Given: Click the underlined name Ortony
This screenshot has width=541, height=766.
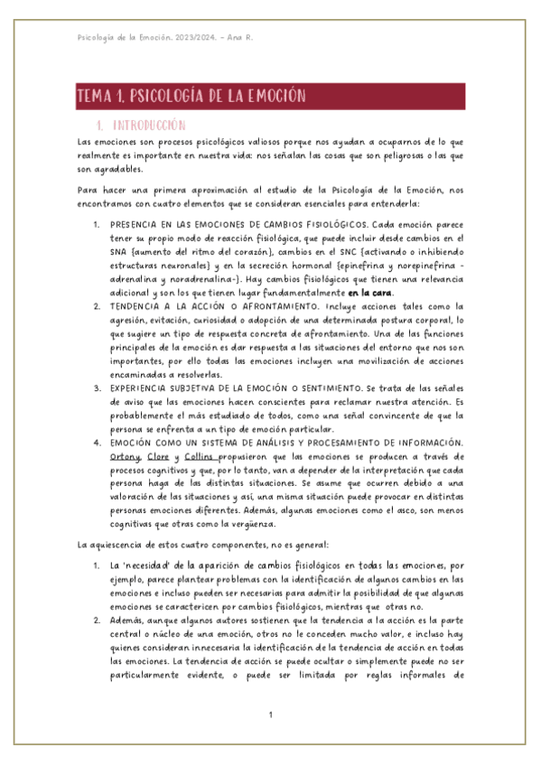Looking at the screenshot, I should [124, 457].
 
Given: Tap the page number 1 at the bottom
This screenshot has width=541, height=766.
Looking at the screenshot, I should [270, 715].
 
